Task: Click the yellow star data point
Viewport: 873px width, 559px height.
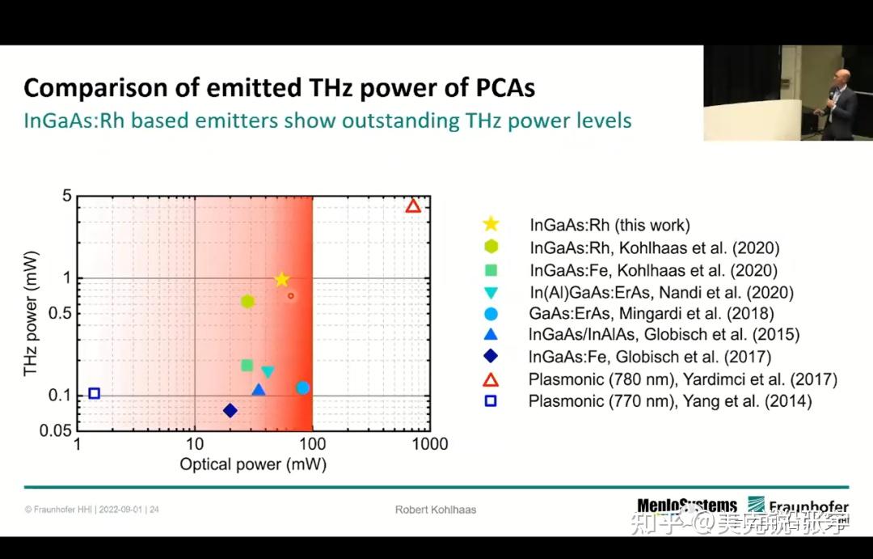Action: coord(281,280)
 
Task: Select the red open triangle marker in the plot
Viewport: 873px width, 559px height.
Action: coord(413,206)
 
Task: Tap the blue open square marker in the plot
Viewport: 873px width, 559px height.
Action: coord(94,393)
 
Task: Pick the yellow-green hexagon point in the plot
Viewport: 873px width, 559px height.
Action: coord(247,302)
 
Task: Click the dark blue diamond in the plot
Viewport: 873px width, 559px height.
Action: coord(230,411)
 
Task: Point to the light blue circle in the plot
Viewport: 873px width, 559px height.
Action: coord(303,387)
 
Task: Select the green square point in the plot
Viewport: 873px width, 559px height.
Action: coord(247,366)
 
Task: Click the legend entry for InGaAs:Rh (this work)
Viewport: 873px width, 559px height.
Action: coord(609,226)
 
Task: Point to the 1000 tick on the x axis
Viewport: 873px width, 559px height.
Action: coord(430,444)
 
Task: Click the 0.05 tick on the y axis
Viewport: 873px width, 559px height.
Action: coord(56,431)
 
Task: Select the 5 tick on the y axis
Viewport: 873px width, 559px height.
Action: coord(67,197)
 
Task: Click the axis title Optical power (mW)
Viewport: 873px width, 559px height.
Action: coord(252,464)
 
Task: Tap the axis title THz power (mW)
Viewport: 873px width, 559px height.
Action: coord(32,323)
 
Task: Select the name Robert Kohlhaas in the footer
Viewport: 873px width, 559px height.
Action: coord(436,510)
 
